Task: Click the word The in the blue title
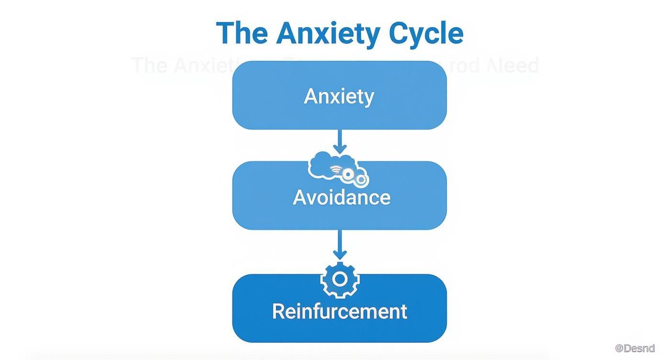(242, 33)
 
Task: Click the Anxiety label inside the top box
(339, 96)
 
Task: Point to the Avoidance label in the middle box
(341, 197)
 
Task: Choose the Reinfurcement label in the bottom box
(339, 311)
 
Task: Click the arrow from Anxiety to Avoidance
(339, 142)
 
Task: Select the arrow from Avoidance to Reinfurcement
(339, 245)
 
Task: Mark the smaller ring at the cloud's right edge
(362, 180)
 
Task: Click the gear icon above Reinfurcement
(339, 279)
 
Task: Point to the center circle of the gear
(339, 279)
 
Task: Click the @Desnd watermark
(634, 348)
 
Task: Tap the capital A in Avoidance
(300, 197)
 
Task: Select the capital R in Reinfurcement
(279, 311)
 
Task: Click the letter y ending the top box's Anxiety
(369, 98)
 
